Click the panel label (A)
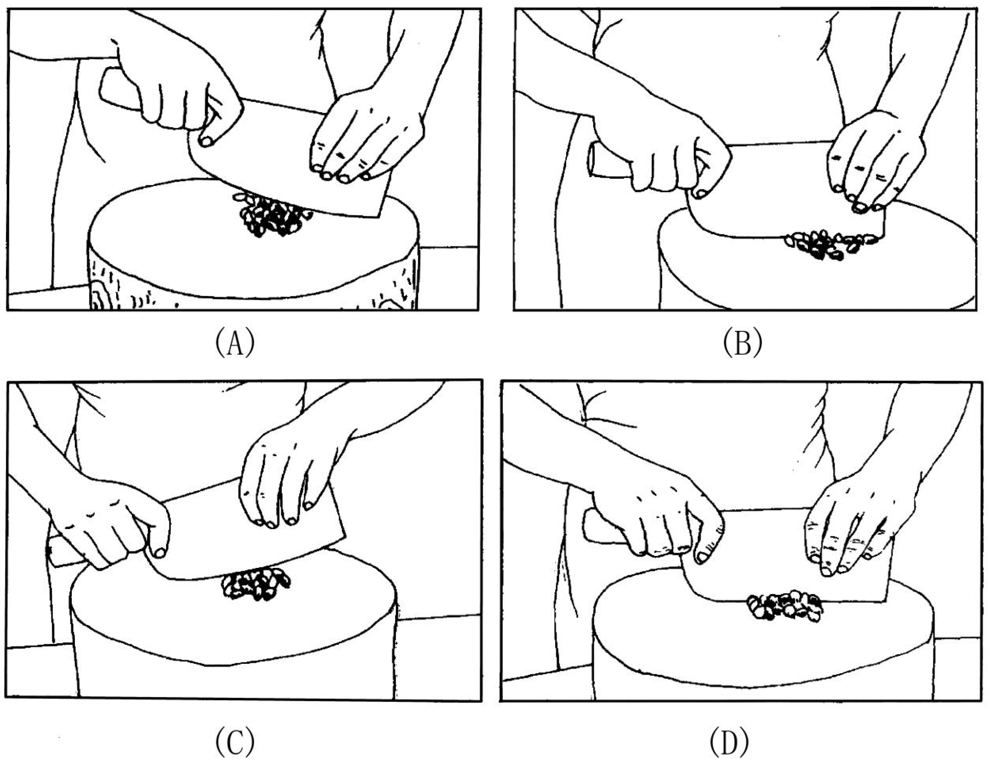(234, 343)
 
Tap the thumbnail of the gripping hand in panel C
(159, 552)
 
